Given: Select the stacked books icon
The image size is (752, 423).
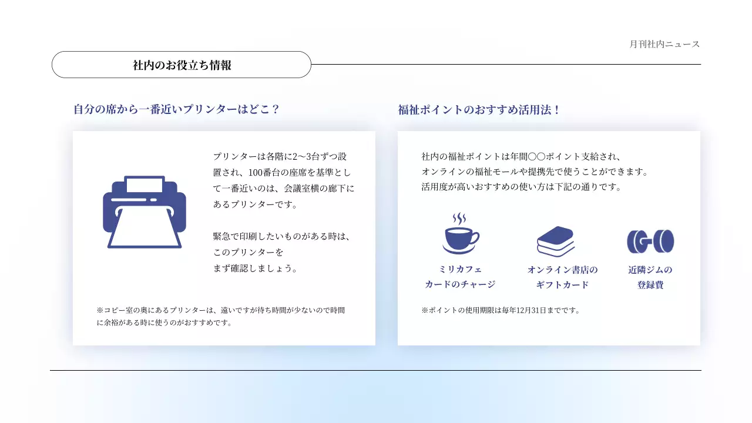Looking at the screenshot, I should point(555,241).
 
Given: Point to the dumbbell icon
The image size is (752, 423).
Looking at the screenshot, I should point(650,241).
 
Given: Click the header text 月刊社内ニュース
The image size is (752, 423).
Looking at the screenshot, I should point(664,44).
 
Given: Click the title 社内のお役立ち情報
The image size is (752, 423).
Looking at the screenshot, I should point(182,65).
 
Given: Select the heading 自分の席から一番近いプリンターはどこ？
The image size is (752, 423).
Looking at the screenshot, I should point(176,109).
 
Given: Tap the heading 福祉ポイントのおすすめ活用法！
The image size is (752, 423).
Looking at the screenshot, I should point(479,110).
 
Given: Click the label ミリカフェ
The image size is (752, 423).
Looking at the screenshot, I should point(460,270).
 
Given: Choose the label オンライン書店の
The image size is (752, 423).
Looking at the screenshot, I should point(562,270).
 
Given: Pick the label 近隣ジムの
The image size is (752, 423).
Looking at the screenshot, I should point(650,270).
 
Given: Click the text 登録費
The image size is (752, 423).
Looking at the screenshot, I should point(650,285).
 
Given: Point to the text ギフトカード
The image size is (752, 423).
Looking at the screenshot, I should point(562,285).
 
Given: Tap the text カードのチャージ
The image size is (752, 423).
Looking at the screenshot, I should point(460,284).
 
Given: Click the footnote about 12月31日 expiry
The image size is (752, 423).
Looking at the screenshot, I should point(501,310).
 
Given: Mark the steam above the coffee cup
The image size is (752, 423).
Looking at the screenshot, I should point(459,219).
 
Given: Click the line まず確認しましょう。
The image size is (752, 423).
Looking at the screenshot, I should point(256,268).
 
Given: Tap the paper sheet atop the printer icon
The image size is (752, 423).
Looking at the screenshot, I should point(145,184).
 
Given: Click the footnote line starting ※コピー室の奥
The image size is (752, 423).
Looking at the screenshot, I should point(220,310).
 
